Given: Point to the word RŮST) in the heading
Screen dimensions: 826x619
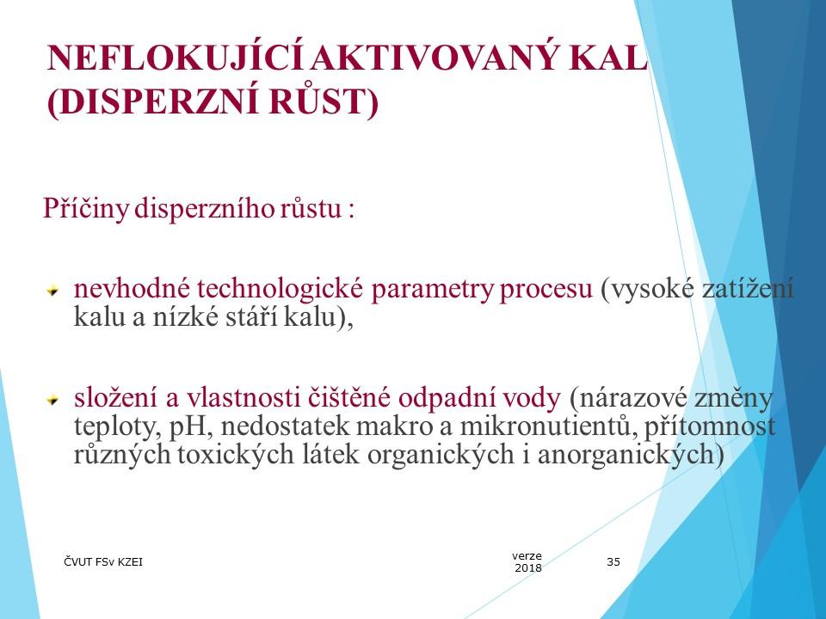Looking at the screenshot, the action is (324, 101).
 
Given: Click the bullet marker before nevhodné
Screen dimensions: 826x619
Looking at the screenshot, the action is (52, 290).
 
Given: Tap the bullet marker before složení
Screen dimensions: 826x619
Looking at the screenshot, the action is (52, 400).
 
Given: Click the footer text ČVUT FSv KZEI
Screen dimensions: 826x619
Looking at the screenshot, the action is (103, 562).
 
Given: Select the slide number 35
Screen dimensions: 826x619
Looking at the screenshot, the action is (613, 562).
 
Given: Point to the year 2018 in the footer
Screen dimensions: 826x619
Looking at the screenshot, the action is (528, 568).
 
